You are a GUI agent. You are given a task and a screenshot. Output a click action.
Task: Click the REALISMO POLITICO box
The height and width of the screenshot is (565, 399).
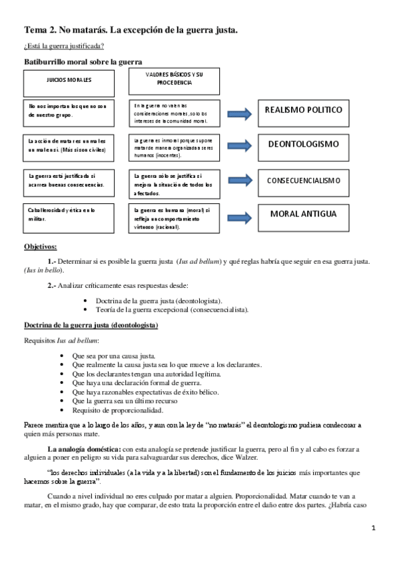[x=303, y=111]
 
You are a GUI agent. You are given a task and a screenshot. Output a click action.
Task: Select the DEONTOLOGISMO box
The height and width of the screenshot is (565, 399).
[x=303, y=145]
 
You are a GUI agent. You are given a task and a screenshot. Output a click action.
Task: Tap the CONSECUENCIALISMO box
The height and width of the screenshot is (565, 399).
[x=303, y=181]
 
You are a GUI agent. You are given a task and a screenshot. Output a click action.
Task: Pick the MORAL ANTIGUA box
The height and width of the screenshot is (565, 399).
[x=303, y=215]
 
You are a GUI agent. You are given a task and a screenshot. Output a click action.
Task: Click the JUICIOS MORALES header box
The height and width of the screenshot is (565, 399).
[x=68, y=80]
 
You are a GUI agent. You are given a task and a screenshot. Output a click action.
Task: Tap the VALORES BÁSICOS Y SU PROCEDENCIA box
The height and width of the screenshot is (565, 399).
[x=174, y=80]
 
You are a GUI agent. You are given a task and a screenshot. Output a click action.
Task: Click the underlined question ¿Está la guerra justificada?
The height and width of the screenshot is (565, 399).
[x=64, y=46]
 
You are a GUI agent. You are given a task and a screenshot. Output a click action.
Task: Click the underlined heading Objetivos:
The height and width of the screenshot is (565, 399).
[x=41, y=246]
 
